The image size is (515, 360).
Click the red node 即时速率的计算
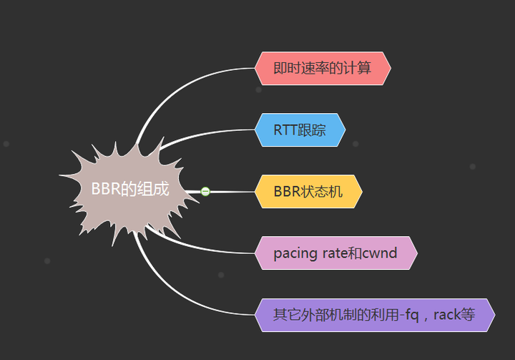[x=322, y=69]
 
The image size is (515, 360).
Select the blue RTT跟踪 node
[x=300, y=130]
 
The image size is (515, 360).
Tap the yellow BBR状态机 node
[x=308, y=192]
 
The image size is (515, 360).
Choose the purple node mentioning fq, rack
[x=374, y=315]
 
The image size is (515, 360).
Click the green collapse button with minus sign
[x=205, y=191]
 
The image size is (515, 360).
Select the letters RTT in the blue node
[x=285, y=130]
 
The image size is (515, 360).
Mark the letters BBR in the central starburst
[x=106, y=190]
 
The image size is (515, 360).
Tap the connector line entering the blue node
[x=215, y=132]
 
